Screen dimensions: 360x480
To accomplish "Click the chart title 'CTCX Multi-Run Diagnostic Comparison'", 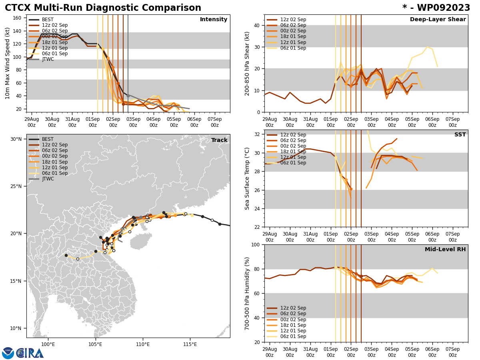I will coord(103,8).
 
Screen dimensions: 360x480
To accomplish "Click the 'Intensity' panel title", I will coord(214,20).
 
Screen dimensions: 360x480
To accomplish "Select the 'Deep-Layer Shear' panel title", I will coord(438,20).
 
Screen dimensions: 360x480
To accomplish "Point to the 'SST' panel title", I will coord(460,135).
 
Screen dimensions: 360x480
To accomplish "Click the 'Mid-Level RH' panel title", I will coord(445,250).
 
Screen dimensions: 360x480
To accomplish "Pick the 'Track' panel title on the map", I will coord(219,140).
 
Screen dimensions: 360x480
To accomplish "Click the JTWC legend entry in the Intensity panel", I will coord(48,59).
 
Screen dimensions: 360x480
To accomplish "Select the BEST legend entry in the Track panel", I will coord(48,139).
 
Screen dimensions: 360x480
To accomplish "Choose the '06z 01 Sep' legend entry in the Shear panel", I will coord(293,48).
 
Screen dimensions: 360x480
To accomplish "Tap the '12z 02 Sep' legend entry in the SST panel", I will coord(293,135).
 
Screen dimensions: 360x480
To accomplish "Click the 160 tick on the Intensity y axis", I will coord(17,18).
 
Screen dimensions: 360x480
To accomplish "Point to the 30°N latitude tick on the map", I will coord(16,139).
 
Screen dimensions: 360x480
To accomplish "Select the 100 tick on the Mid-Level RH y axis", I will coord(256,245).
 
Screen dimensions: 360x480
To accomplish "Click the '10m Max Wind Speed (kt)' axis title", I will coord(8,63).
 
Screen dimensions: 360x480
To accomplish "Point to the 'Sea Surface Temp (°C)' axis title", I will coord(247,178).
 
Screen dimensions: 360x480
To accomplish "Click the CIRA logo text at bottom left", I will coord(30,353).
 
